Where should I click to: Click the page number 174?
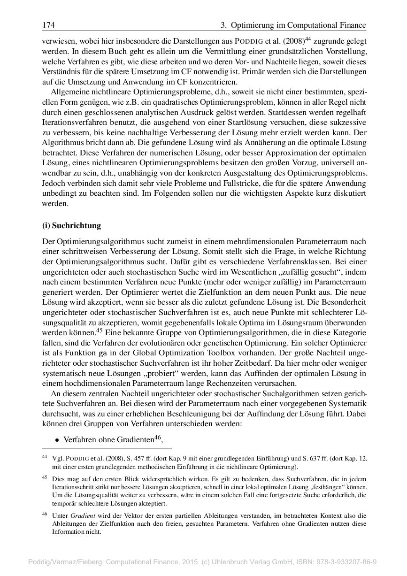point(48,24)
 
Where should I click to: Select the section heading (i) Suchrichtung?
point(71,225)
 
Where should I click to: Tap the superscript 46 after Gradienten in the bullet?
point(157,438)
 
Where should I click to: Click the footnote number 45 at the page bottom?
point(45,477)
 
